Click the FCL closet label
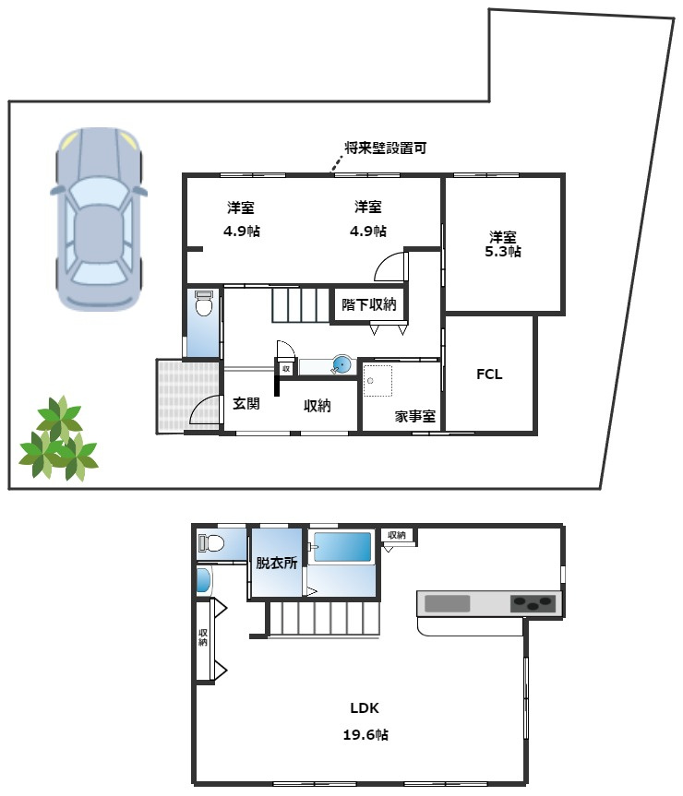[489, 374]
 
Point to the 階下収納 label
[368, 304]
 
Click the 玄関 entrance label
[246, 403]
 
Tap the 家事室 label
[414, 416]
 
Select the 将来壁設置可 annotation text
[385, 148]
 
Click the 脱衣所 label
[276, 563]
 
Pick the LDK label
[365, 708]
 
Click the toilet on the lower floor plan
[211, 542]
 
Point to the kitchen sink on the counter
[447, 603]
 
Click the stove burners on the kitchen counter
[534, 603]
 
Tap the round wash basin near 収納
[341, 365]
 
